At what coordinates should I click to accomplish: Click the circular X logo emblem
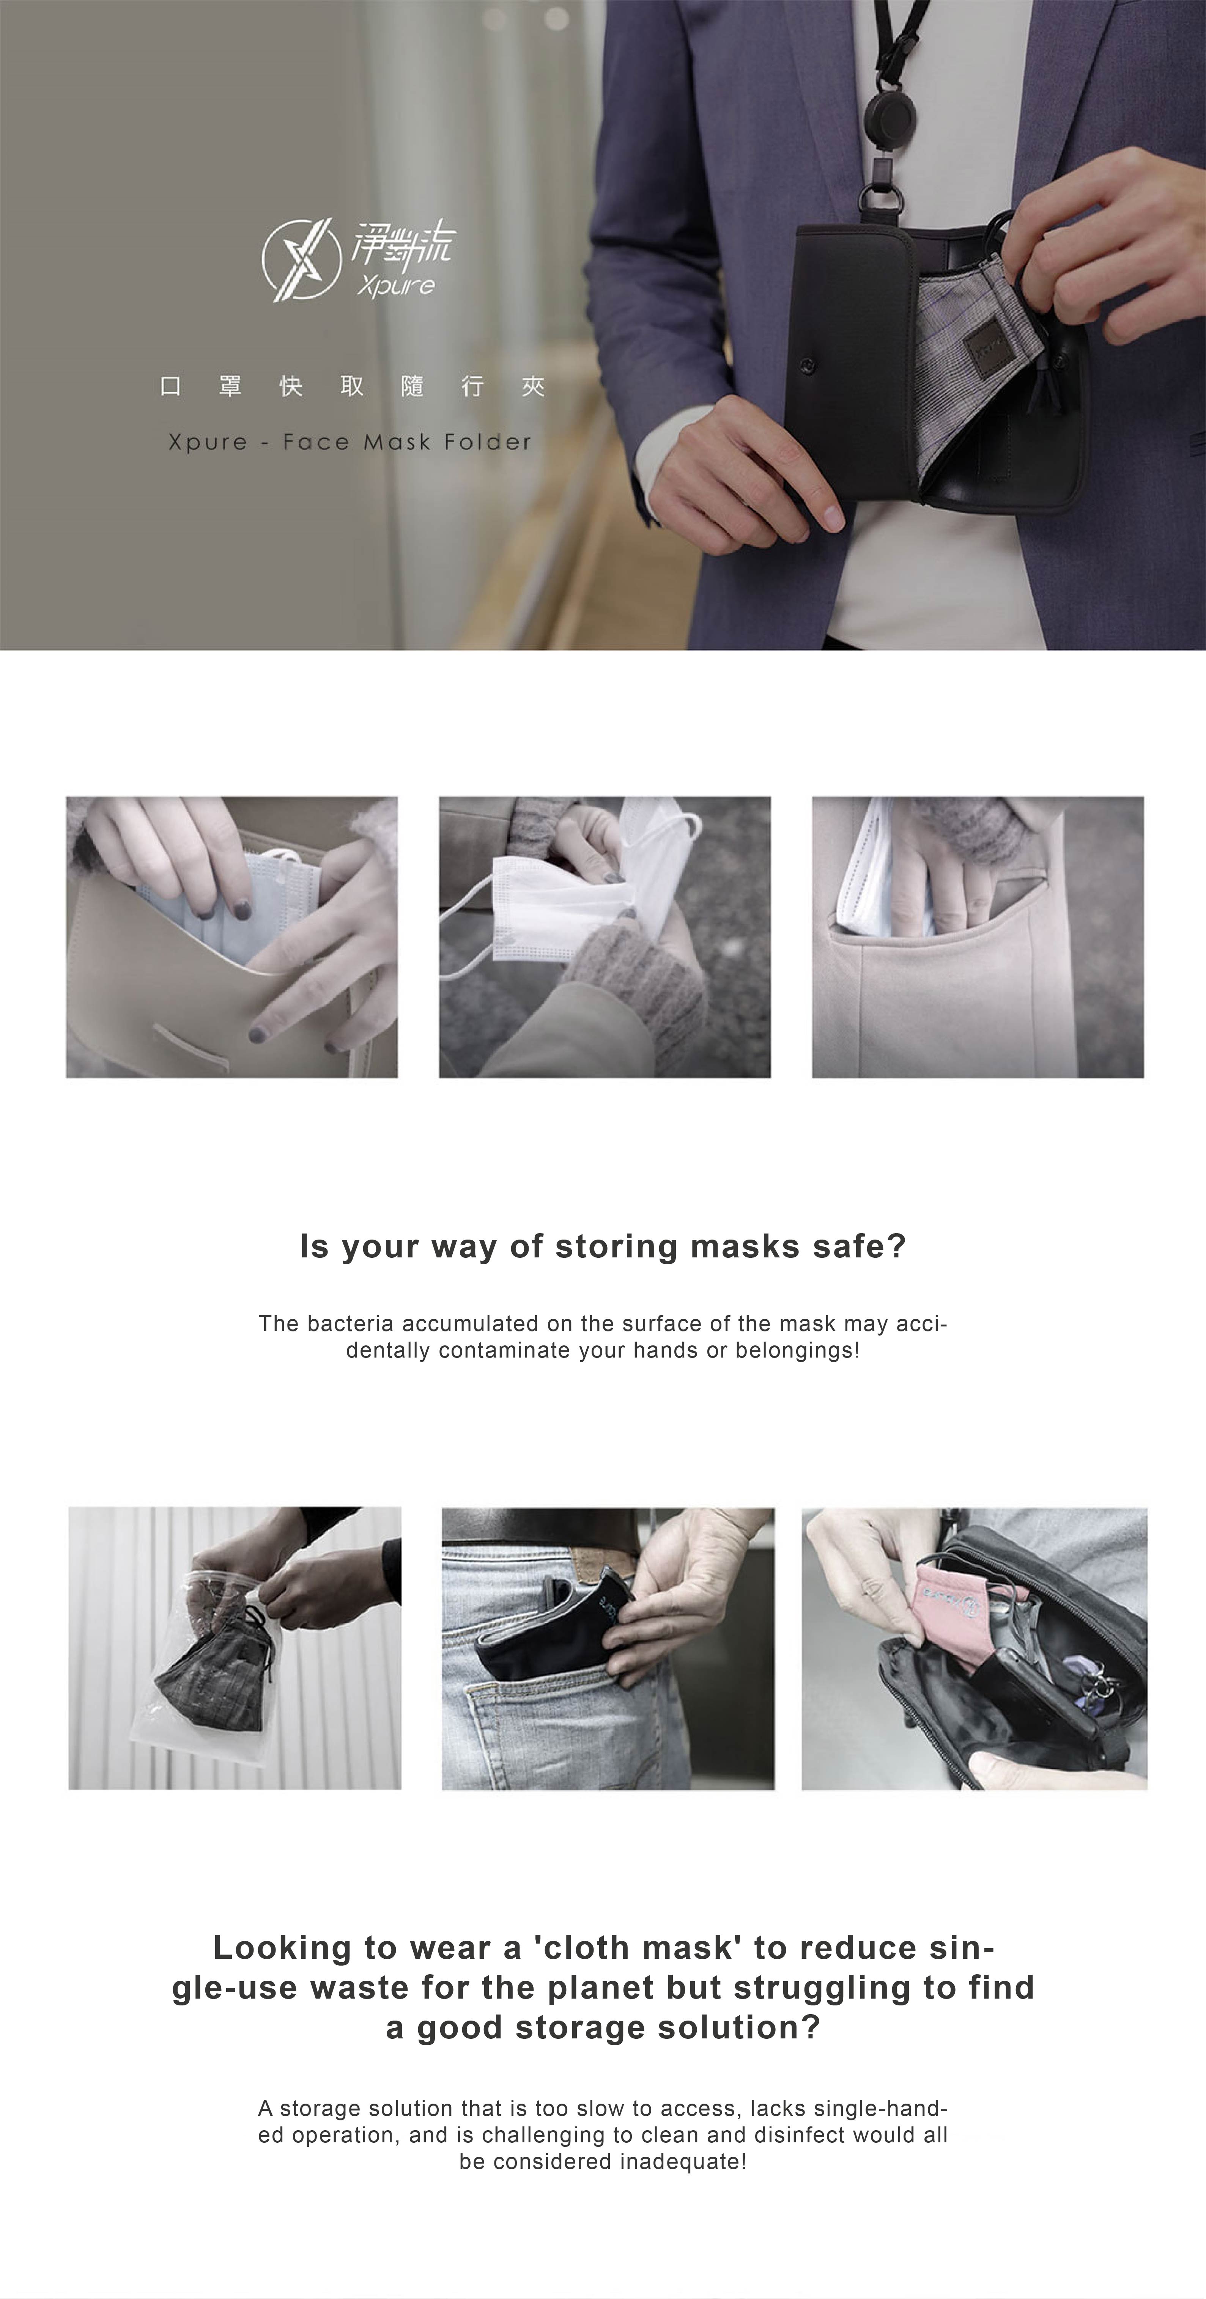pyautogui.click(x=301, y=259)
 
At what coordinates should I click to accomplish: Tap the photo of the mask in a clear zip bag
pyautogui.click(x=235, y=1648)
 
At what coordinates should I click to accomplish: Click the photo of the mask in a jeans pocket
pyautogui.click(x=608, y=1648)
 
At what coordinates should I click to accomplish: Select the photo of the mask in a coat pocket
pyautogui.click(x=978, y=937)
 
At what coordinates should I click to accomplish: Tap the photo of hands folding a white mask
pyautogui.click(x=605, y=937)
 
